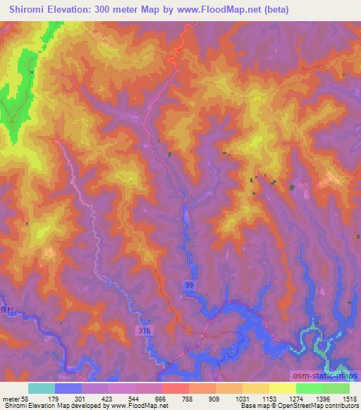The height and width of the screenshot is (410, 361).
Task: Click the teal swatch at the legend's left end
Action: pyautogui.click(x=42, y=387)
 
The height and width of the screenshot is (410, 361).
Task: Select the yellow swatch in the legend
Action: pyautogui.click(x=282, y=387)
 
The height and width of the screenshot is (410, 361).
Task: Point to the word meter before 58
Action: pyautogui.click(x=12, y=397)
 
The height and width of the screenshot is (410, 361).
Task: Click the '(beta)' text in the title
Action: pyautogui.click(x=274, y=9)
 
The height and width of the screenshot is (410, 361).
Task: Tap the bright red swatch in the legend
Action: pyautogui.click(x=175, y=387)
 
